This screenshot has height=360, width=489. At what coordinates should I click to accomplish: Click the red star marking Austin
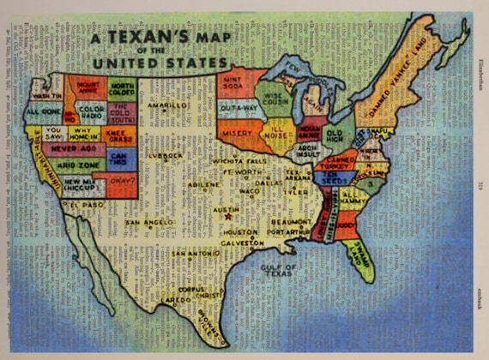pos(227,217)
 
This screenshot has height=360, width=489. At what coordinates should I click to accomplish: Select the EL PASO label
pos(86,206)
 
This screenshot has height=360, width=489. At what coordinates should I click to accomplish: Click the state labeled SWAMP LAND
pos(359,255)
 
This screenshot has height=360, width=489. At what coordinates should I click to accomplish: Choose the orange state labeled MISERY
pos(236,135)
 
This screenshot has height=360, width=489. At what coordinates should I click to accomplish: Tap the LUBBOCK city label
pos(165,156)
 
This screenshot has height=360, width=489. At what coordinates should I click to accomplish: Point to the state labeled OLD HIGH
pos(335,135)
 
